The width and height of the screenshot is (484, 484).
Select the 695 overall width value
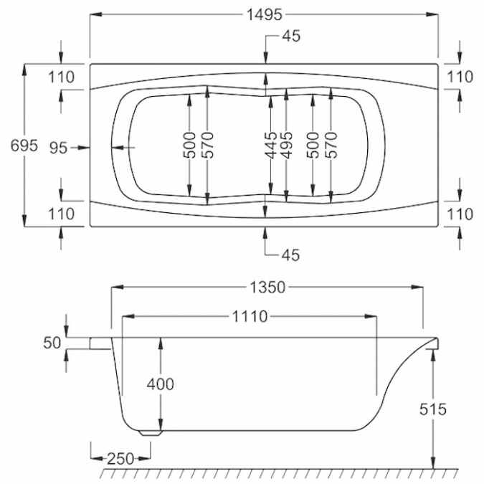[24, 146]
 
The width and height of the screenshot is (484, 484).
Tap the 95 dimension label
[59, 148]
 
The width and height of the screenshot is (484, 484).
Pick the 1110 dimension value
[249, 316]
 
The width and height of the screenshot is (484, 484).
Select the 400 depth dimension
[161, 384]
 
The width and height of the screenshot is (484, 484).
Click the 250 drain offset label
[120, 459]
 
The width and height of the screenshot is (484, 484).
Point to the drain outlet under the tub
[150, 432]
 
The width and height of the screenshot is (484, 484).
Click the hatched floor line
[280, 475]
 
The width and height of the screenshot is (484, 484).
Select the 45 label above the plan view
[290, 37]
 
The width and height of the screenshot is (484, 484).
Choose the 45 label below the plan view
[290, 255]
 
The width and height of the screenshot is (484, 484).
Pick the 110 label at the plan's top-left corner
[62, 77]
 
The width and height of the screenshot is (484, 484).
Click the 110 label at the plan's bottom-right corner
[459, 214]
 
